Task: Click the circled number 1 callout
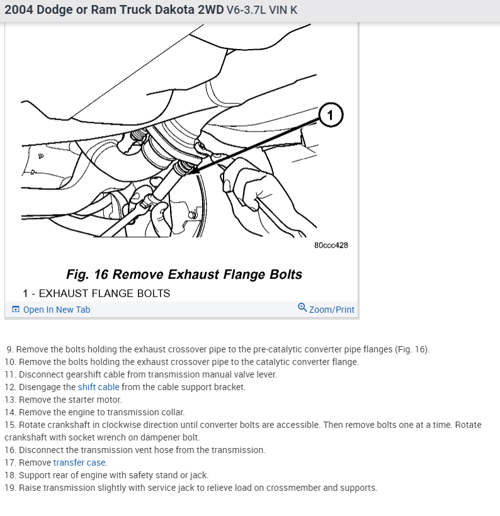(331, 115)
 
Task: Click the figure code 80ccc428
(331, 245)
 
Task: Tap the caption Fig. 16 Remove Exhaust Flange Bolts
(184, 274)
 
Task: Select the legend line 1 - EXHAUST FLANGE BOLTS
(96, 293)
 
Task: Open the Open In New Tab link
(56, 310)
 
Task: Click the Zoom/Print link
(331, 310)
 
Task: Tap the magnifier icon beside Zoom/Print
(302, 308)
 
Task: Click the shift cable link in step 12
(98, 387)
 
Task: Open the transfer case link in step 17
(79, 463)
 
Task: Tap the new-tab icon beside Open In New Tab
(16, 310)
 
